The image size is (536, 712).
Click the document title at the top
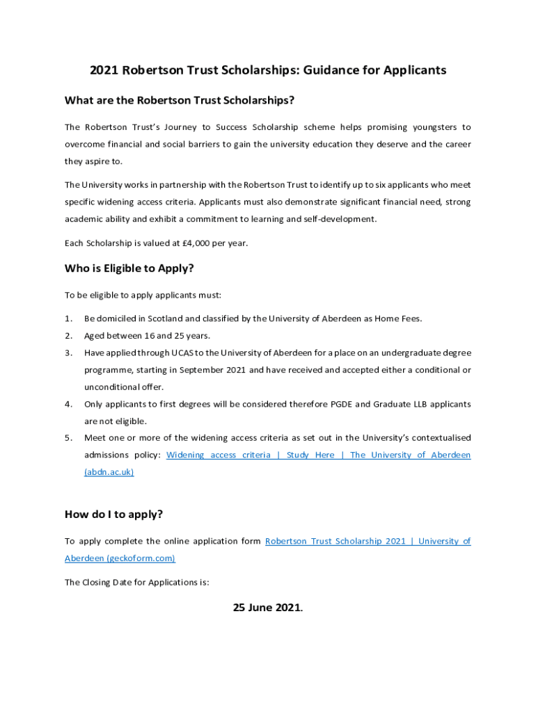coord(268,70)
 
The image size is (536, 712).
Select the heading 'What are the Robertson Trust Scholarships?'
coord(180,101)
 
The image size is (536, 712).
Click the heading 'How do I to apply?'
coord(113,515)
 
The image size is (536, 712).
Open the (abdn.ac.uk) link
coord(109,471)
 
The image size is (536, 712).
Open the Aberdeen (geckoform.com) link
coord(120,558)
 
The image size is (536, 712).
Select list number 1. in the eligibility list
coord(68,318)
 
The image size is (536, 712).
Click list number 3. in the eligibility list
coord(68,353)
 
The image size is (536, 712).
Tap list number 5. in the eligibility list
coord(68,437)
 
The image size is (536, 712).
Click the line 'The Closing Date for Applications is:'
coord(137,583)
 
